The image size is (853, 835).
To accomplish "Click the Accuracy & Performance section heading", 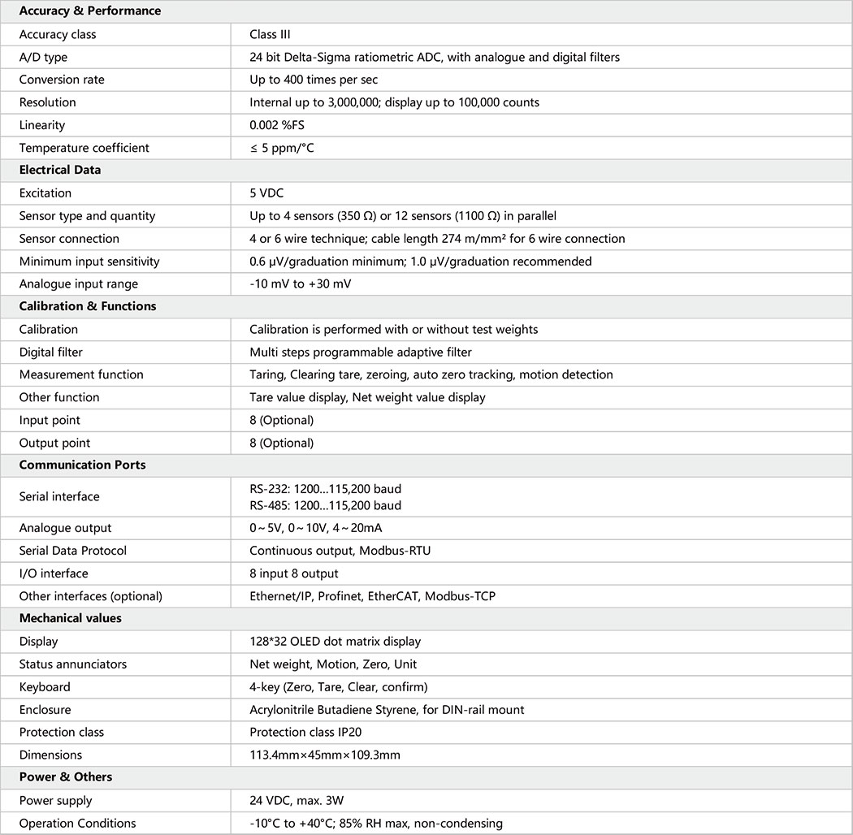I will (90, 11).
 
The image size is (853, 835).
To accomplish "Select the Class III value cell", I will (271, 34).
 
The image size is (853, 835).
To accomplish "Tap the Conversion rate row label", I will (62, 80).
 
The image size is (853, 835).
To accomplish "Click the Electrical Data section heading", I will (60, 171).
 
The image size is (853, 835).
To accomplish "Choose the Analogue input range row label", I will (79, 284).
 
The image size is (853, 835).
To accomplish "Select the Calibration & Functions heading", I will (88, 306).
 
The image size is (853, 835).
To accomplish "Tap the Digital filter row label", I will (51, 352).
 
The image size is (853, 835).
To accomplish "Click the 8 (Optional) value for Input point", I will (281, 420).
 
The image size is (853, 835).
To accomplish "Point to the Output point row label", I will (54, 443).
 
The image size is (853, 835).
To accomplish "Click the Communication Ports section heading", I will (82, 465).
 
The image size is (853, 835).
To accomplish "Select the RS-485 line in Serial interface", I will (325, 505).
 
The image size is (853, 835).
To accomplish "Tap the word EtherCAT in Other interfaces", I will (392, 596).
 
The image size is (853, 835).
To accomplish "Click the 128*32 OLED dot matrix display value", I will (335, 642).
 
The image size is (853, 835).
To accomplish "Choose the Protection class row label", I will (62, 732).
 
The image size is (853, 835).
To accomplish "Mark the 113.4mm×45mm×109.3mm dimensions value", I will (325, 755).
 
